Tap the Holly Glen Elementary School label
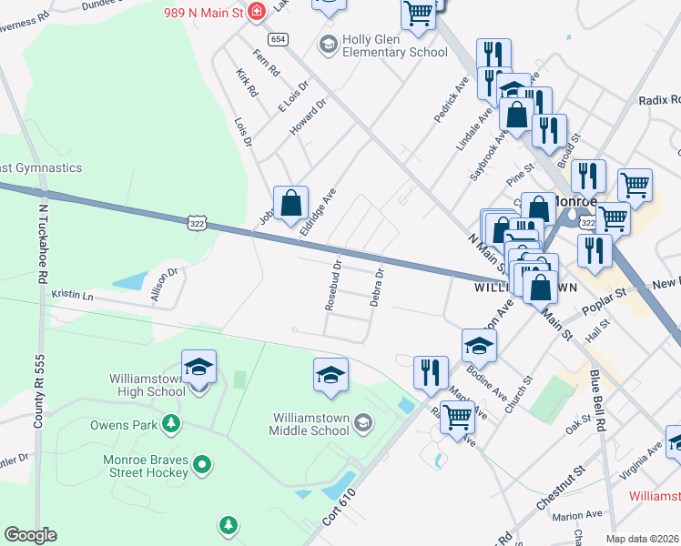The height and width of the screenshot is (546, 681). click(394, 45)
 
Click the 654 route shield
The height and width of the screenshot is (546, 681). click(278, 39)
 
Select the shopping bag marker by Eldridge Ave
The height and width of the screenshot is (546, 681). click(290, 204)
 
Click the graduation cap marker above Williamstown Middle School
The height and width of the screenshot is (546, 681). click(330, 374)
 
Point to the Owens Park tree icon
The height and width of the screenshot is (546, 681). click(169, 424)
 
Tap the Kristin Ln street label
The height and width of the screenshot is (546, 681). click(73, 295)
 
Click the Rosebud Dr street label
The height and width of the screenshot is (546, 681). click(334, 285)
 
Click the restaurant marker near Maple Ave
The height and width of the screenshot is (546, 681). click(431, 371)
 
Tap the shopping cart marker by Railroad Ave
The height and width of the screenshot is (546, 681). click(457, 415)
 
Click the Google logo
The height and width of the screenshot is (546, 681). click(30, 535)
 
